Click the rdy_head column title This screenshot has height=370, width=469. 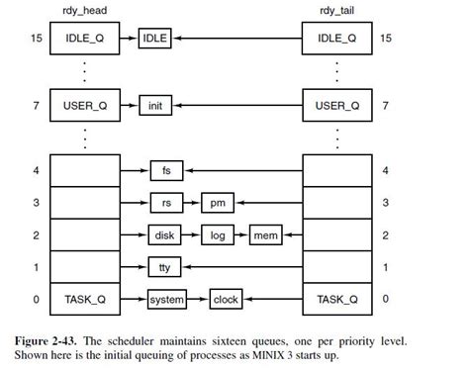[85, 12]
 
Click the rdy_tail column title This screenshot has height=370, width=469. [338, 12]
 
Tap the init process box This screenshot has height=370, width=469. [155, 104]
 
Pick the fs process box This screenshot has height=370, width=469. [165, 171]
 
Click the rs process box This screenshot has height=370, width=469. [165, 204]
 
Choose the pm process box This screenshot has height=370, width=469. [216, 204]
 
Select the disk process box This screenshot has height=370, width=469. [165, 236]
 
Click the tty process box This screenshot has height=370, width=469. [165, 268]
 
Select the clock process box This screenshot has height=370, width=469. [228, 299]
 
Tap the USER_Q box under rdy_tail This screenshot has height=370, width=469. [338, 104]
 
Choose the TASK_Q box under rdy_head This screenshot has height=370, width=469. [85, 299]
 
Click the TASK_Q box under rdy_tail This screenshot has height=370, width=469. [338, 299]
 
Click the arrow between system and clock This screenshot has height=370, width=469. [197, 299]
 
